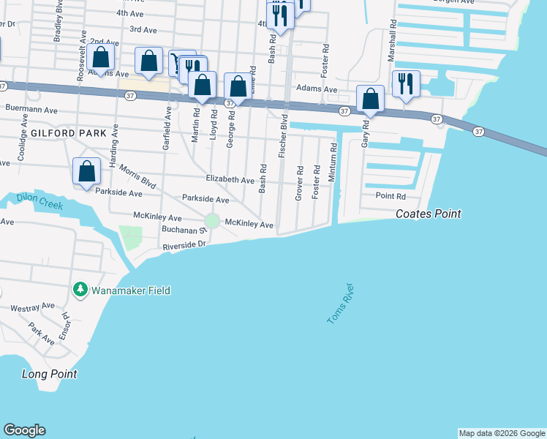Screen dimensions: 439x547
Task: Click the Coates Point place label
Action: pyautogui.click(x=428, y=214)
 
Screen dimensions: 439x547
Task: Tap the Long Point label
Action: pyautogui.click(x=49, y=374)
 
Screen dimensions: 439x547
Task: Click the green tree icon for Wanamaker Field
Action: pyautogui.click(x=80, y=290)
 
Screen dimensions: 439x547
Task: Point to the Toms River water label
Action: pyautogui.click(x=340, y=304)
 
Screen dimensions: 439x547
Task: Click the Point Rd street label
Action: pyautogui.click(x=390, y=196)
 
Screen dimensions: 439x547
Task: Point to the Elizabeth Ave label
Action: pyautogui.click(x=230, y=179)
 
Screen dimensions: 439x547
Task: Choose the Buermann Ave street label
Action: pyautogui.click(x=31, y=109)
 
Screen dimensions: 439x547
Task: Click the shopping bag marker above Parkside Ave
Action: pyautogui.click(x=87, y=172)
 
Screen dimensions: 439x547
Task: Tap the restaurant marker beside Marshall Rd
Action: pyautogui.click(x=406, y=83)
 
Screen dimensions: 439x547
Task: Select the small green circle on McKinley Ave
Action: pyautogui.click(x=212, y=220)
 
